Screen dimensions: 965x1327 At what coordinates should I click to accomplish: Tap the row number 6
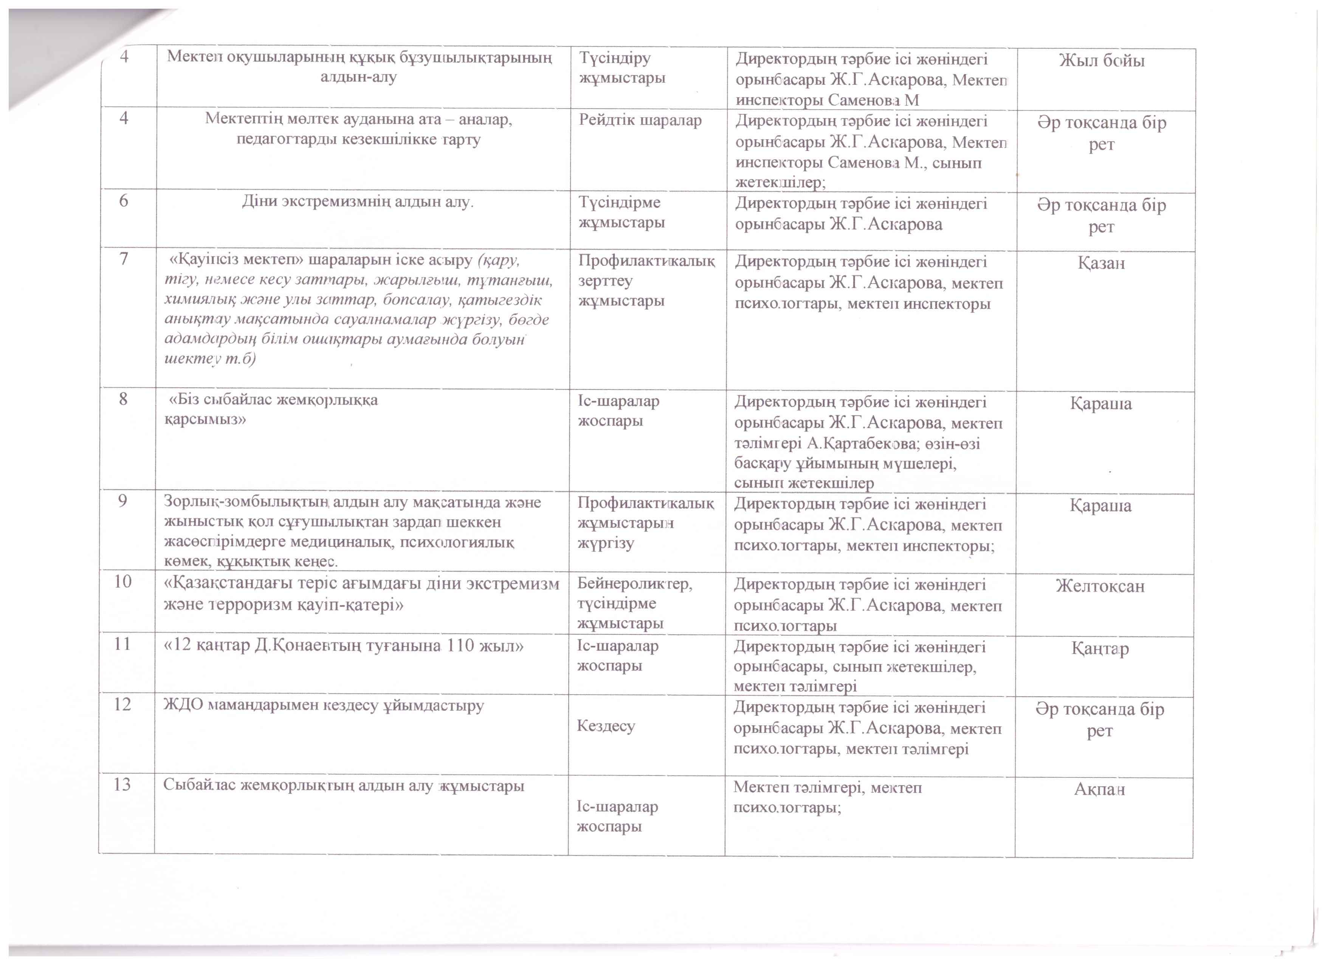point(124,201)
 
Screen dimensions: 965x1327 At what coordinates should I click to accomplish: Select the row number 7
point(124,259)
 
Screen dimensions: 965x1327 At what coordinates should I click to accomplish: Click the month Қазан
point(1101,263)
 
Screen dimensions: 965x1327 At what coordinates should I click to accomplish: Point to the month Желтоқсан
point(1100,586)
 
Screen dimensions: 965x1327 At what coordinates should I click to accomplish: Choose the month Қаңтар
point(1100,649)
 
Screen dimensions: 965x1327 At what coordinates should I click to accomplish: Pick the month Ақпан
point(1099,789)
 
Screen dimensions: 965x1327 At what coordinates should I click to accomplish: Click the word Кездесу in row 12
point(606,726)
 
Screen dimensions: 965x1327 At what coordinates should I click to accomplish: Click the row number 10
point(122,581)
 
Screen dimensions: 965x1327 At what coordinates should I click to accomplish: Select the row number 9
point(122,501)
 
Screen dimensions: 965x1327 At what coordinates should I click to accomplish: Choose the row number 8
point(123,399)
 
